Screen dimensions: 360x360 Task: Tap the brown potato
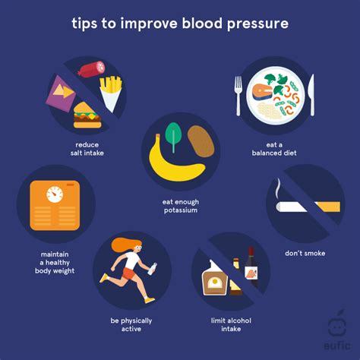(201, 143)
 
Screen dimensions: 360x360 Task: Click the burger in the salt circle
(87, 116)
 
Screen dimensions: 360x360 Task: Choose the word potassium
(180, 210)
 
